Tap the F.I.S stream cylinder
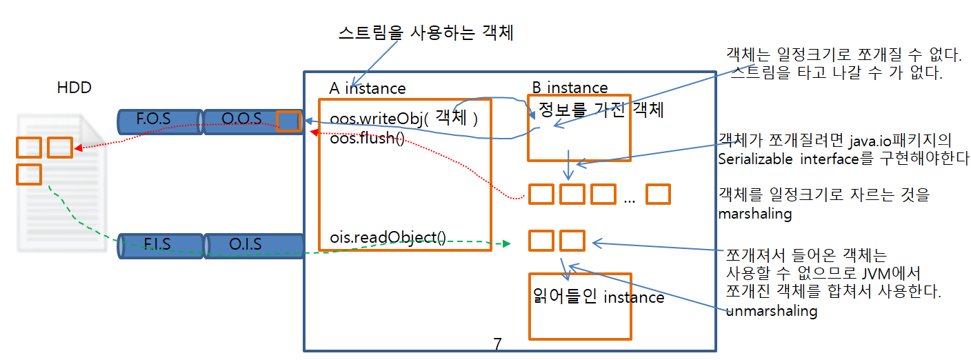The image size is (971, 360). coord(158,245)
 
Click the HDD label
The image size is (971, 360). coord(74,88)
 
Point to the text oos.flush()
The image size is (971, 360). coord(367,138)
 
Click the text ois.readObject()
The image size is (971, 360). coord(388,237)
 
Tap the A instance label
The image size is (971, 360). coord(368,88)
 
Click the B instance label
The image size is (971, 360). coord(570,88)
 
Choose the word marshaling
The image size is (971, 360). coord(754,214)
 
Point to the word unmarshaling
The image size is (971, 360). coord(772,311)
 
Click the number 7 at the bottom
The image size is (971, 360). coord(497,344)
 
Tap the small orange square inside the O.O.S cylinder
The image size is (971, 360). coord(288,121)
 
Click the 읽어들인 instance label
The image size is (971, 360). coord(599,297)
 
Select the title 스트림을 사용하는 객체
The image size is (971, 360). coord(426,33)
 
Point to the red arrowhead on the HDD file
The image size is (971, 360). coord(78,147)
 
